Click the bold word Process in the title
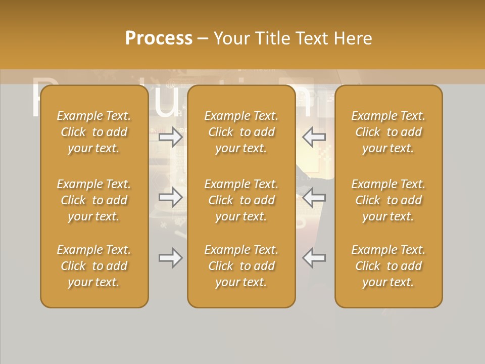click(159, 38)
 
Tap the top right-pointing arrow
click(170, 137)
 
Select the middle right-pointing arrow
click(170, 197)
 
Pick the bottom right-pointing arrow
click(170, 258)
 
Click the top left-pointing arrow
click(314, 137)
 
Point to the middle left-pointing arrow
click(314, 197)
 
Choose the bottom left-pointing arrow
click(314, 258)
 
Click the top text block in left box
click(94, 132)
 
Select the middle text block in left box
click(94, 200)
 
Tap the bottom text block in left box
click(94, 266)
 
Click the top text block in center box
click(241, 132)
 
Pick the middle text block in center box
click(241, 200)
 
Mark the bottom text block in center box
click(241, 266)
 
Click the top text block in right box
click(388, 132)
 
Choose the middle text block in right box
click(388, 200)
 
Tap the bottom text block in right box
click(388, 266)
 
